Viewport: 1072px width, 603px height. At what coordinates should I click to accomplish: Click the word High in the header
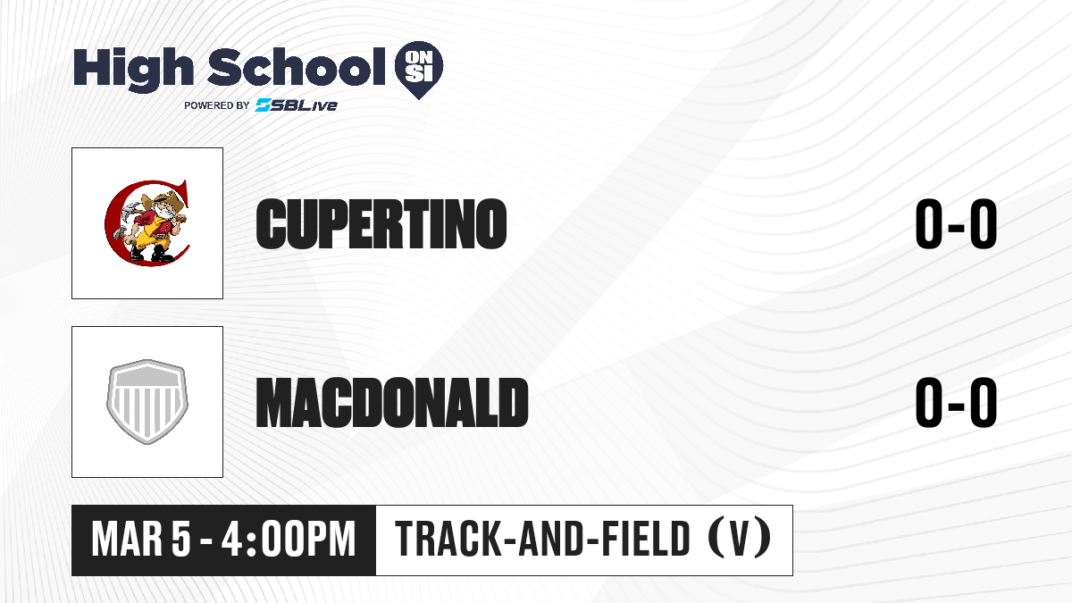(x=133, y=69)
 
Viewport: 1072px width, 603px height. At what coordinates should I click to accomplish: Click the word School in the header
(x=297, y=67)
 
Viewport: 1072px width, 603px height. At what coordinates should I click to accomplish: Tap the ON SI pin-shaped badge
(x=419, y=70)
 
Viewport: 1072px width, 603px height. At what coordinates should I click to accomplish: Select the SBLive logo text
(x=297, y=105)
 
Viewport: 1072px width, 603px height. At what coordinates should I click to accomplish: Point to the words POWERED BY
(x=217, y=105)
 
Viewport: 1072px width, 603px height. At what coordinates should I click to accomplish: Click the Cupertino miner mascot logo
(x=147, y=223)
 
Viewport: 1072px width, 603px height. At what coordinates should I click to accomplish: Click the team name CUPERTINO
(x=381, y=223)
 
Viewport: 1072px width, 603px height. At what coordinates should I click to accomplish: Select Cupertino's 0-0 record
(x=956, y=223)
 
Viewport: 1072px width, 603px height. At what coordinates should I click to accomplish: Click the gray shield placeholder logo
(x=147, y=402)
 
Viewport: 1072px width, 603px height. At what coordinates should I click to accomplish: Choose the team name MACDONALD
(x=392, y=402)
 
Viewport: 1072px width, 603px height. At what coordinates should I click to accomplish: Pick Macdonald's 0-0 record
(x=956, y=402)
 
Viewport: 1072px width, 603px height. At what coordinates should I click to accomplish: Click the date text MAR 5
(x=141, y=540)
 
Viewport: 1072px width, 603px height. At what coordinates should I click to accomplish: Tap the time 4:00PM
(x=289, y=540)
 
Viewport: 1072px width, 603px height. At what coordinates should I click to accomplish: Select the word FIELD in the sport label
(x=645, y=540)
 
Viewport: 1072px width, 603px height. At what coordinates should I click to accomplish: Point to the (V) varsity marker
(x=740, y=540)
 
